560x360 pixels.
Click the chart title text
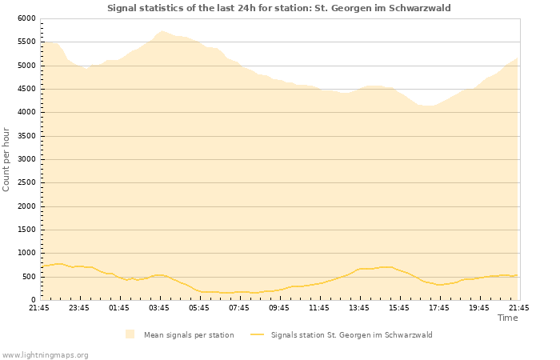point(279,8)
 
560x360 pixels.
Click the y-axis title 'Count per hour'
point(7,159)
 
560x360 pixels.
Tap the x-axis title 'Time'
point(507,318)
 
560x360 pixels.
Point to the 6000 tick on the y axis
point(26,18)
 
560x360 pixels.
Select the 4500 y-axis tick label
point(26,89)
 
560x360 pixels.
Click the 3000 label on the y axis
point(26,159)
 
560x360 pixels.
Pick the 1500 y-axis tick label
point(26,230)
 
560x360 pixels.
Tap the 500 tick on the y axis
point(29,277)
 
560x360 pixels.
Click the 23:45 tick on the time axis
point(79,307)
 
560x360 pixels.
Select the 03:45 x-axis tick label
point(159,307)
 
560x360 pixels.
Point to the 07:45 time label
point(239,307)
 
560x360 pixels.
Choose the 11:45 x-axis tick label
point(319,307)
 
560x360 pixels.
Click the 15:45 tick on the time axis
point(399,307)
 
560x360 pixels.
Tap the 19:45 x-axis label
point(479,307)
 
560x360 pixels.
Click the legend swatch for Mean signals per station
point(130,334)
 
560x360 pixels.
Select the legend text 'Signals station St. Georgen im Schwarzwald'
point(351,334)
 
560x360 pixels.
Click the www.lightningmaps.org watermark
point(45,354)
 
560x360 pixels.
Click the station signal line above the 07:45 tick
point(239,292)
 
